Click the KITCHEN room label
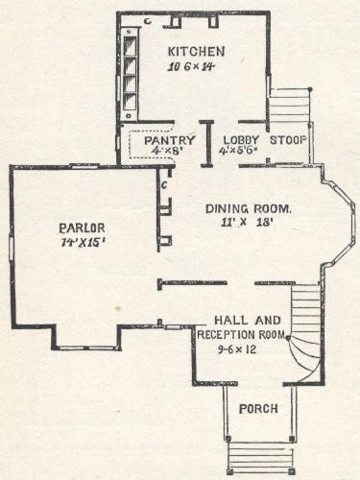click(x=196, y=52)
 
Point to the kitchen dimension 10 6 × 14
click(x=191, y=67)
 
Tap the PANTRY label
click(x=169, y=140)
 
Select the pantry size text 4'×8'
click(x=168, y=151)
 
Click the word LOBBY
click(x=241, y=140)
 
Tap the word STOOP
click(x=288, y=140)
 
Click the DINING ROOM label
click(x=249, y=208)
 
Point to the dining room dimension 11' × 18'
click(x=247, y=222)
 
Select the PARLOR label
click(x=82, y=228)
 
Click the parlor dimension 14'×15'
click(x=83, y=242)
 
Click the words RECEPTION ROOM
click(x=241, y=335)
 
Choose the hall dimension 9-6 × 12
click(x=237, y=349)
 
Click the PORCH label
click(x=258, y=409)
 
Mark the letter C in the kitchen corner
click(x=148, y=21)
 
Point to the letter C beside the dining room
click(x=164, y=185)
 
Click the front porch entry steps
click(x=260, y=457)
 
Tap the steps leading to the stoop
click(x=289, y=106)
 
